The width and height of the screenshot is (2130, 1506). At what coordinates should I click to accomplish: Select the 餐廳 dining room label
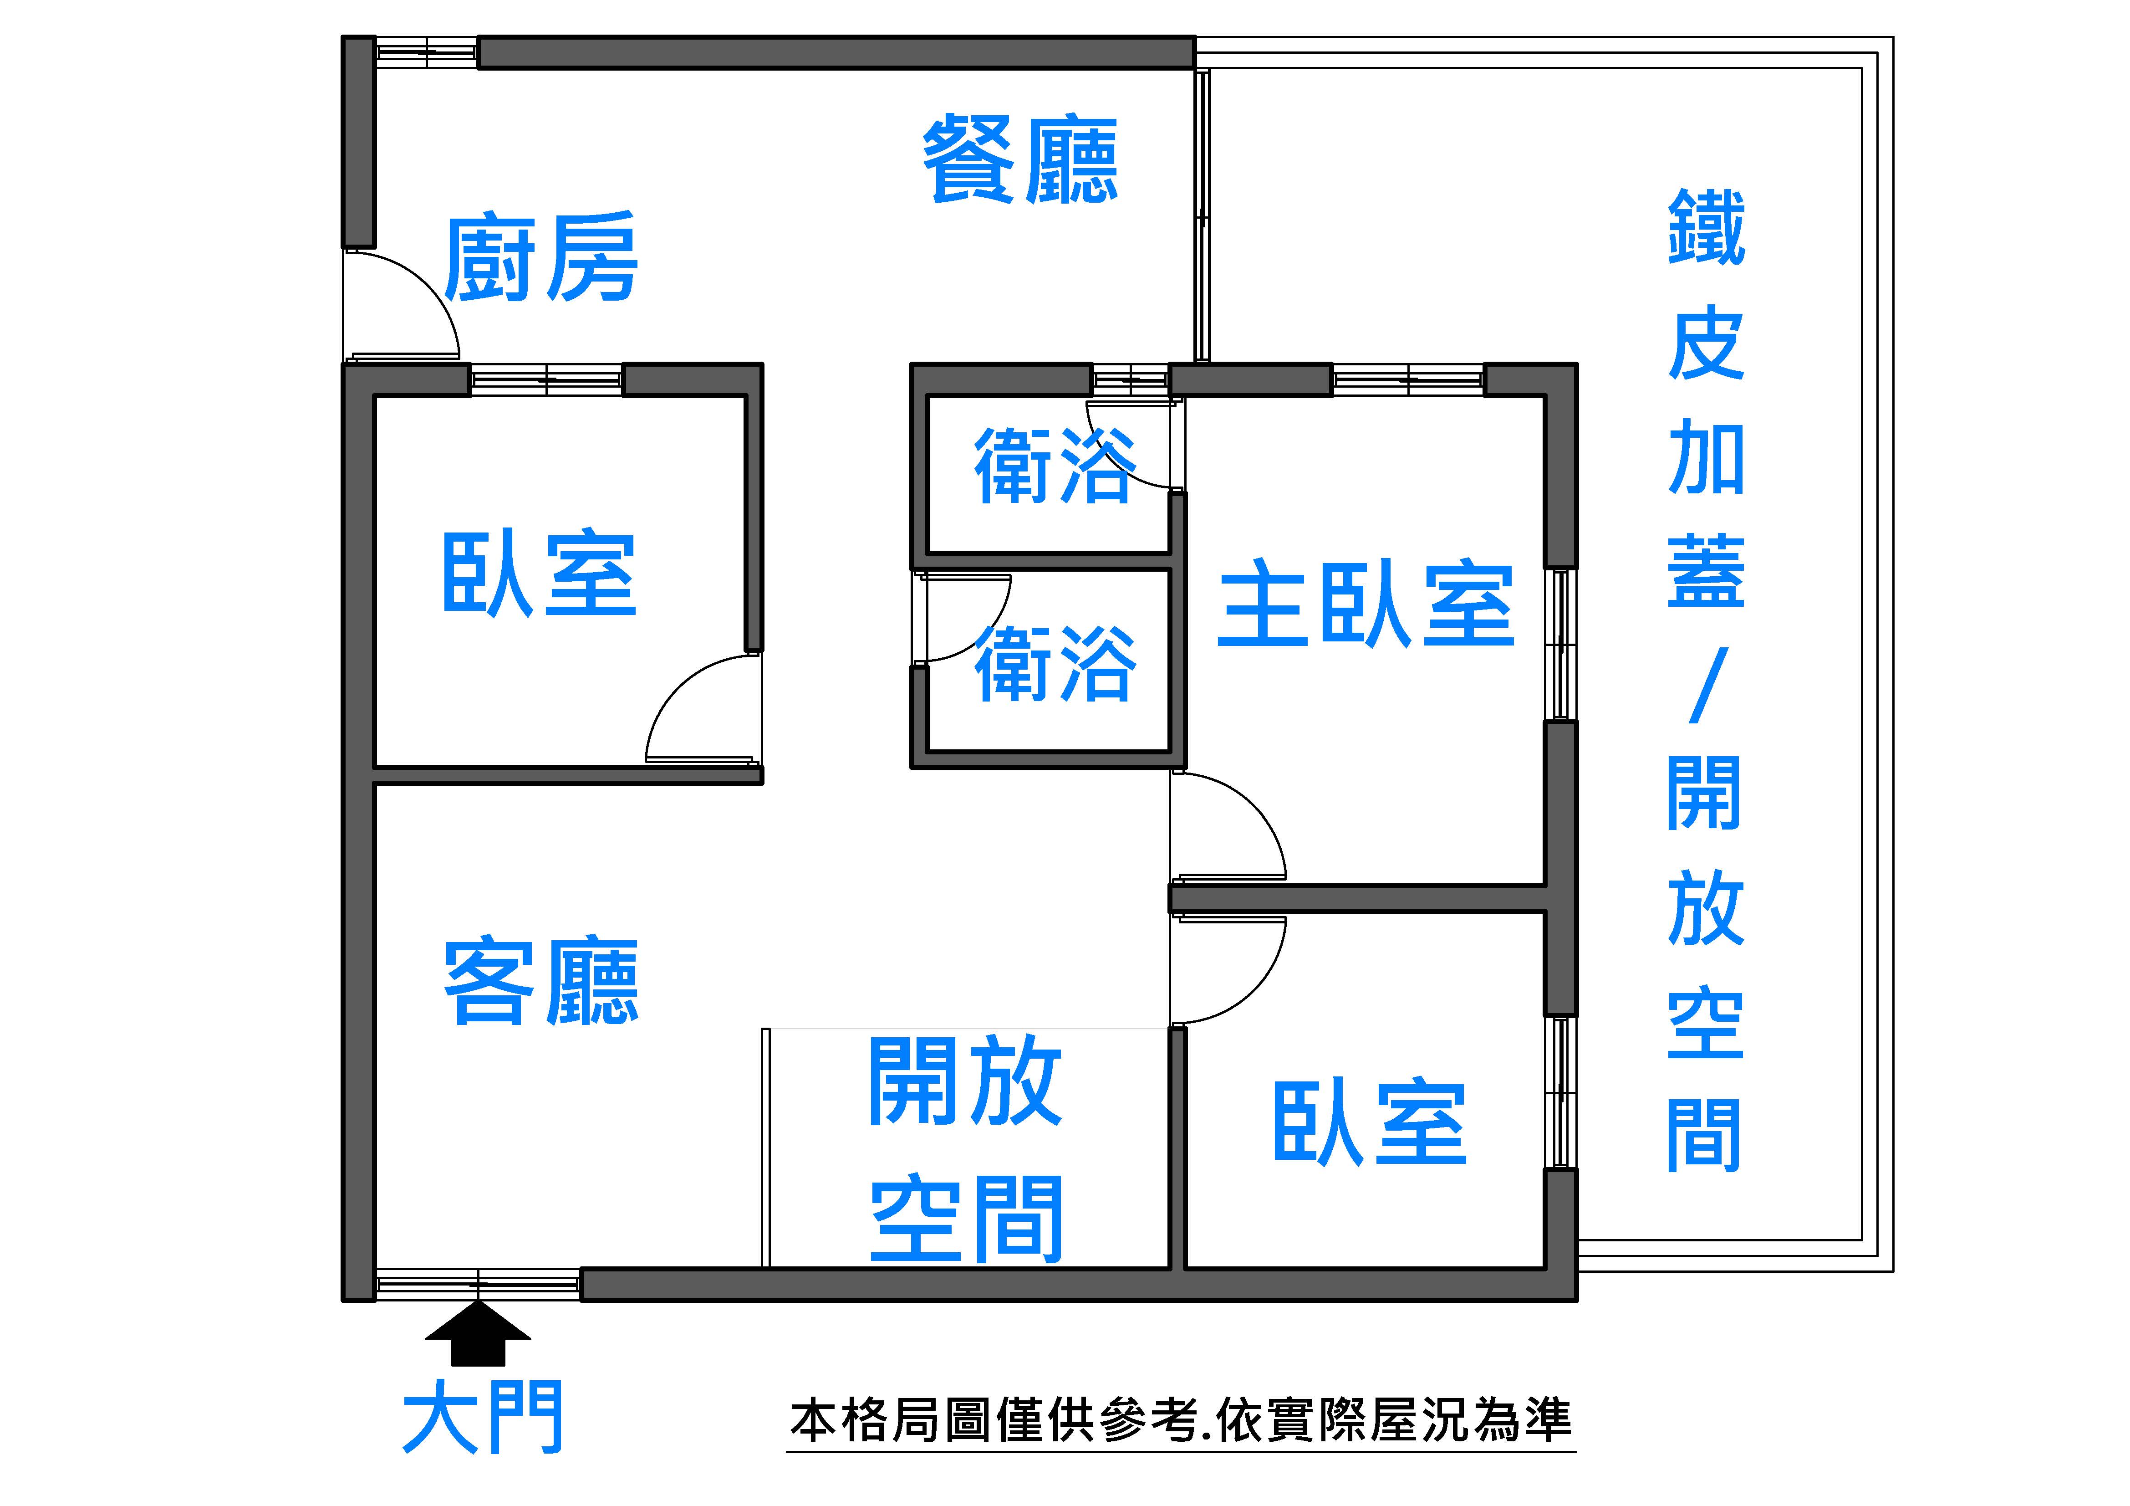[1020, 159]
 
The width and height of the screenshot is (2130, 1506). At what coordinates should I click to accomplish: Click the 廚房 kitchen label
[541, 257]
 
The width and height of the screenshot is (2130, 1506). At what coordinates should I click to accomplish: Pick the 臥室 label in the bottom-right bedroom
[1369, 1122]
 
